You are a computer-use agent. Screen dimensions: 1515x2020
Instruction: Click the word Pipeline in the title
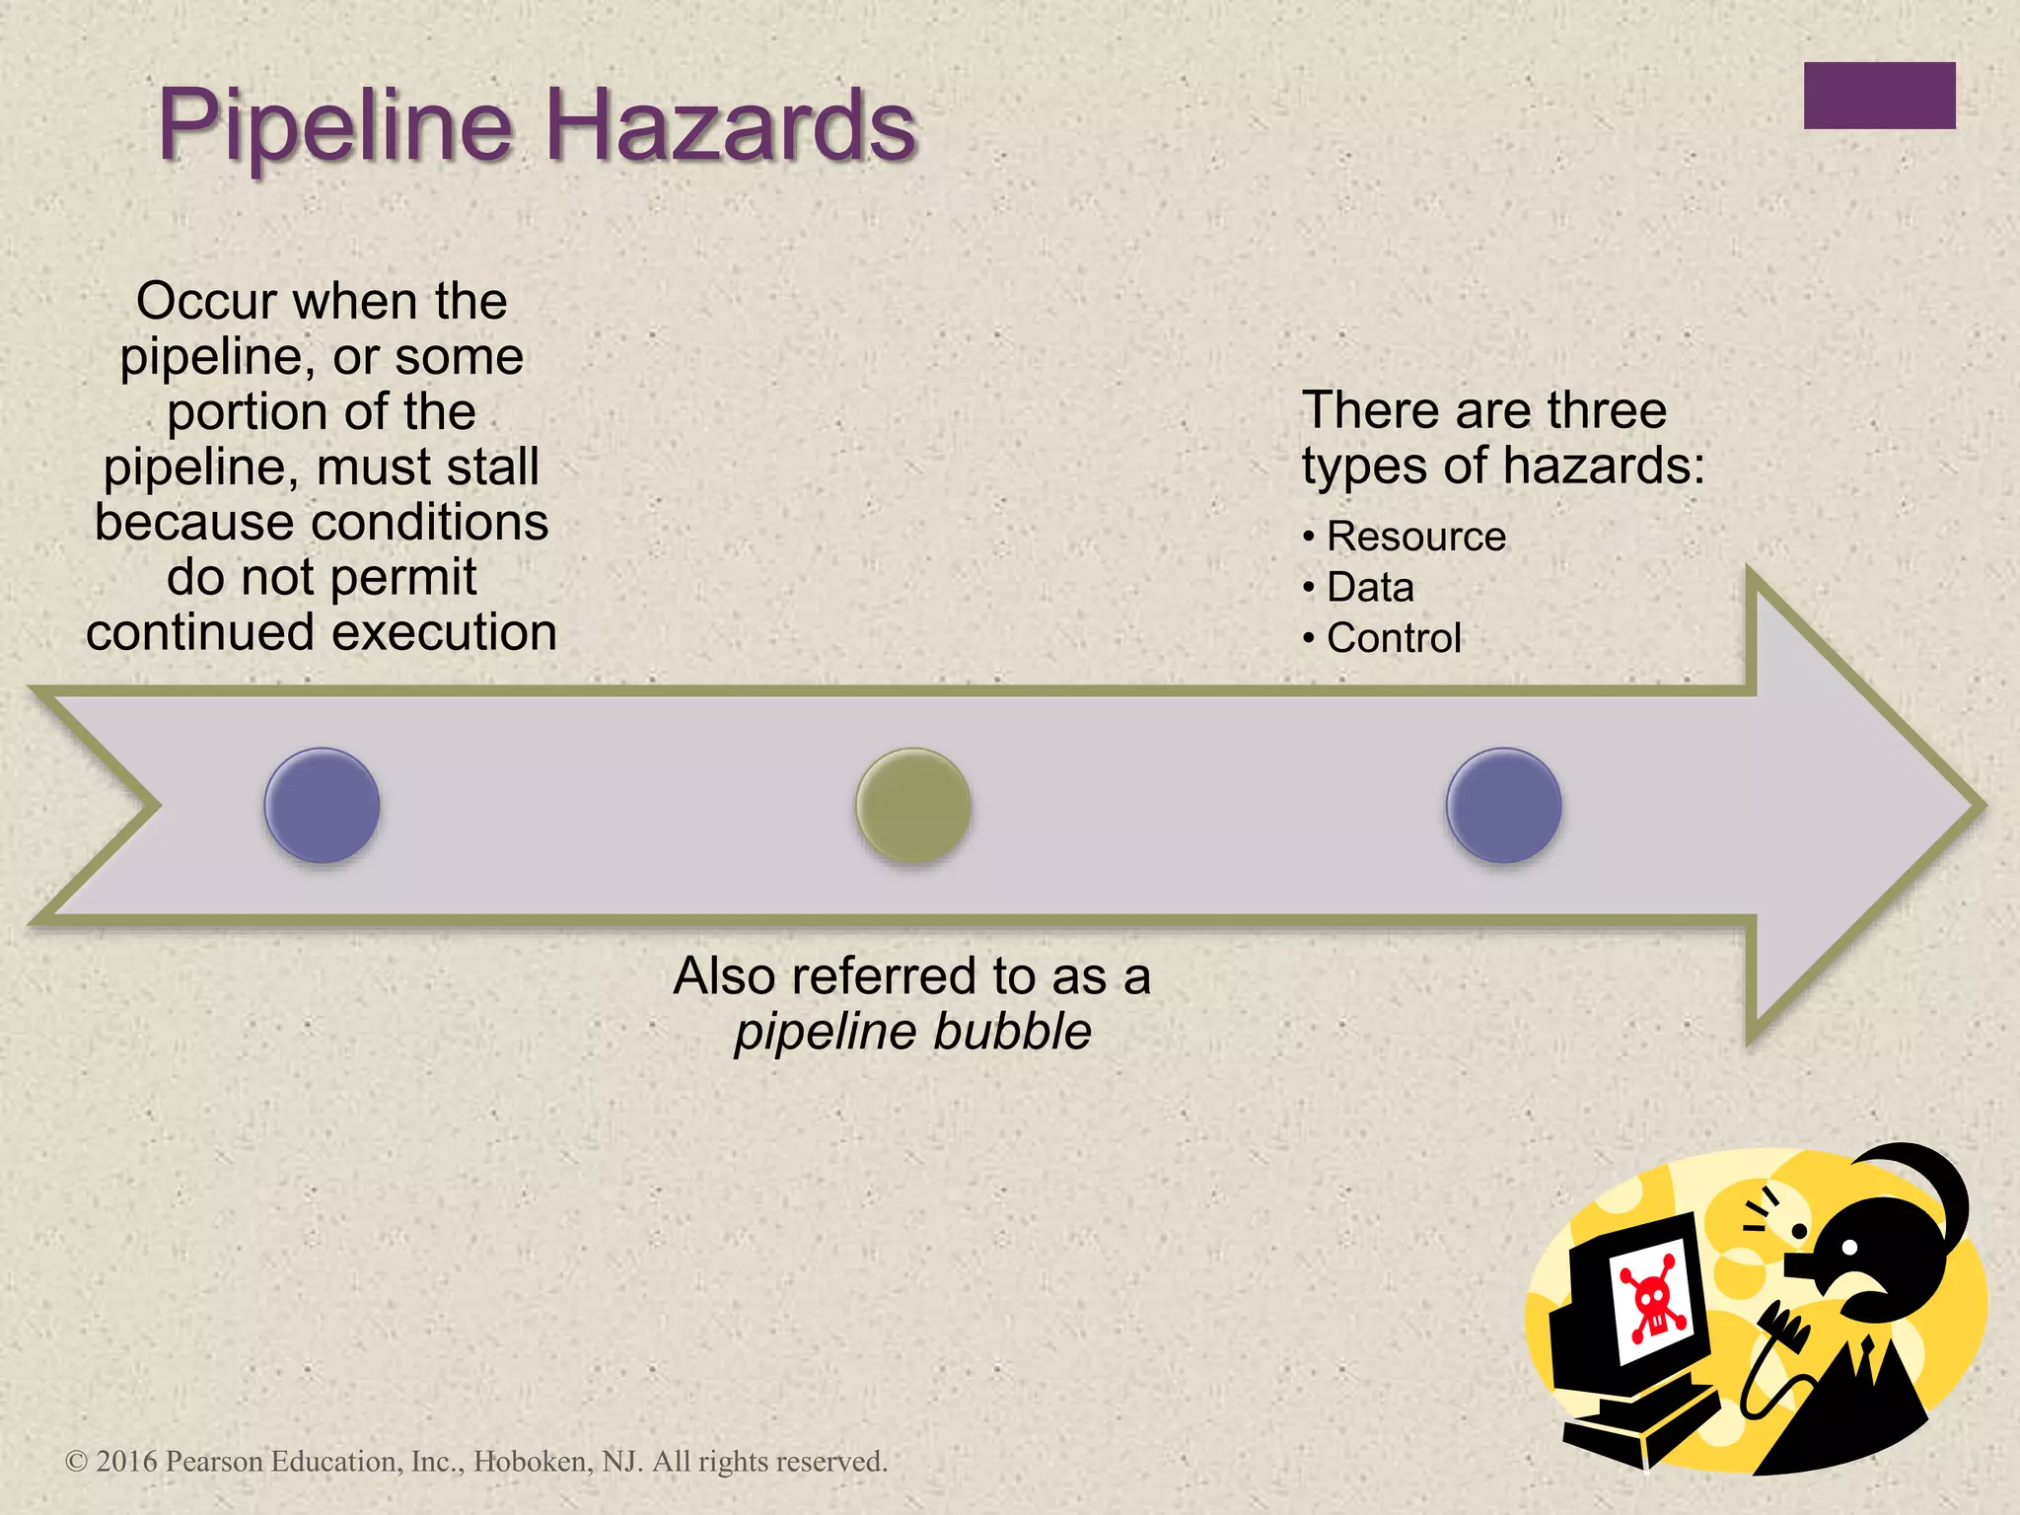tap(335, 126)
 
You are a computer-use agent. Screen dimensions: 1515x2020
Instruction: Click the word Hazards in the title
tap(731, 126)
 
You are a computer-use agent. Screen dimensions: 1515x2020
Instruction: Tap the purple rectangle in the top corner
tap(1879, 96)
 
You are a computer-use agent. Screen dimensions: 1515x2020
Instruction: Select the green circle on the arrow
tap(913, 805)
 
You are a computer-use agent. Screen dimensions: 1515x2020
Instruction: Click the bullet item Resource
tap(1415, 537)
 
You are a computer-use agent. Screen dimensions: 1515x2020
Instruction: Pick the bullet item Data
tap(1370, 588)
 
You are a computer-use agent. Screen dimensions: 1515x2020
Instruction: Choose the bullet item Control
tap(1393, 638)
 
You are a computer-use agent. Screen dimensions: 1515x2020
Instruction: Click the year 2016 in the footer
tap(126, 1461)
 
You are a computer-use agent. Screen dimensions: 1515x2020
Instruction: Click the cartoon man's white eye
tap(1849, 1247)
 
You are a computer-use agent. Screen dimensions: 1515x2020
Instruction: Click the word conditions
tap(426, 522)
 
